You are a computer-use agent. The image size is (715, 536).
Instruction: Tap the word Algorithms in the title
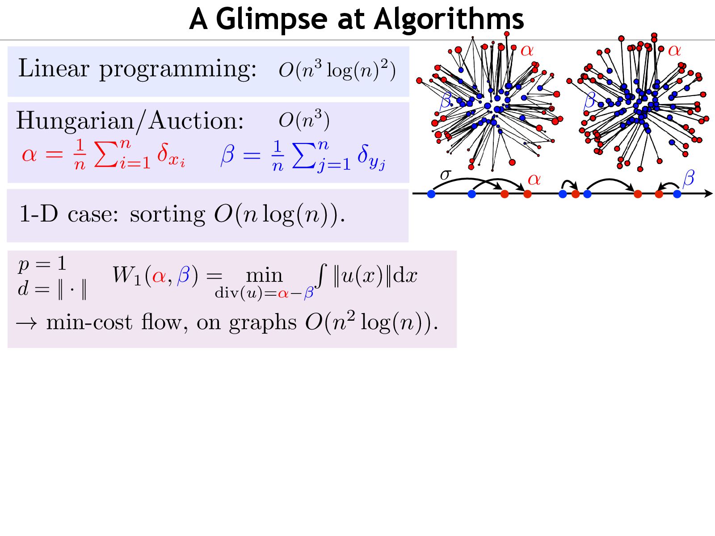[449, 20]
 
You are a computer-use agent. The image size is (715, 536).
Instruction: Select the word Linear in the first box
[54, 69]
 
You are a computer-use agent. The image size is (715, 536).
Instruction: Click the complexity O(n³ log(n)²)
[337, 70]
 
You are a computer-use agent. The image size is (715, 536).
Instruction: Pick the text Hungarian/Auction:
[130, 121]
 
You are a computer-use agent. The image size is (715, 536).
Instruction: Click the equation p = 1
[42, 264]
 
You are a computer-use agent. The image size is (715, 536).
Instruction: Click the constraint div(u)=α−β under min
[264, 293]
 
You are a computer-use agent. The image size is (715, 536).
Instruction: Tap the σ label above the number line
[445, 174]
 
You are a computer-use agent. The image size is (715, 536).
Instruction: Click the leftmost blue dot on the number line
[431, 194]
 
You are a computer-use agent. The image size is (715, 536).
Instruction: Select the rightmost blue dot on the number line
[677, 194]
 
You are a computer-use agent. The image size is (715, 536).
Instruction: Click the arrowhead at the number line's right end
[708, 193]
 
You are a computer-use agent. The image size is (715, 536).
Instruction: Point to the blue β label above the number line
[689, 178]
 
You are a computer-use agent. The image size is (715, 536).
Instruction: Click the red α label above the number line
[534, 180]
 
